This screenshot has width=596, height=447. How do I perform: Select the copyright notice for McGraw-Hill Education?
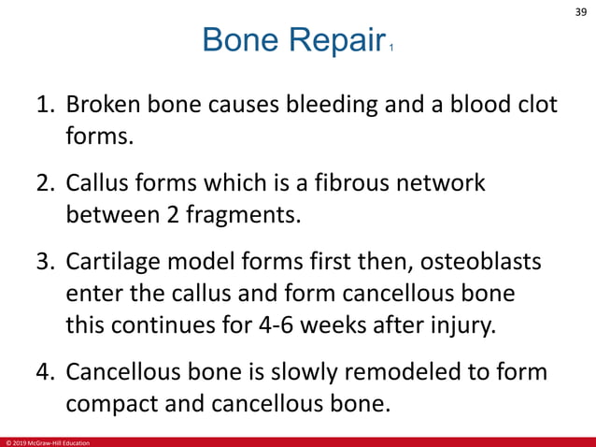pyautogui.click(x=48, y=441)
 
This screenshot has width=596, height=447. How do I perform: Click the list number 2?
pyautogui.click(x=45, y=183)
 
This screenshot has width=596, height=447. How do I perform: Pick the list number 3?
pyautogui.click(x=45, y=263)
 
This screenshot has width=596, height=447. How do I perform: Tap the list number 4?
pyautogui.click(x=45, y=374)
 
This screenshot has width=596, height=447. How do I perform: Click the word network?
pyautogui.click(x=453, y=183)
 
